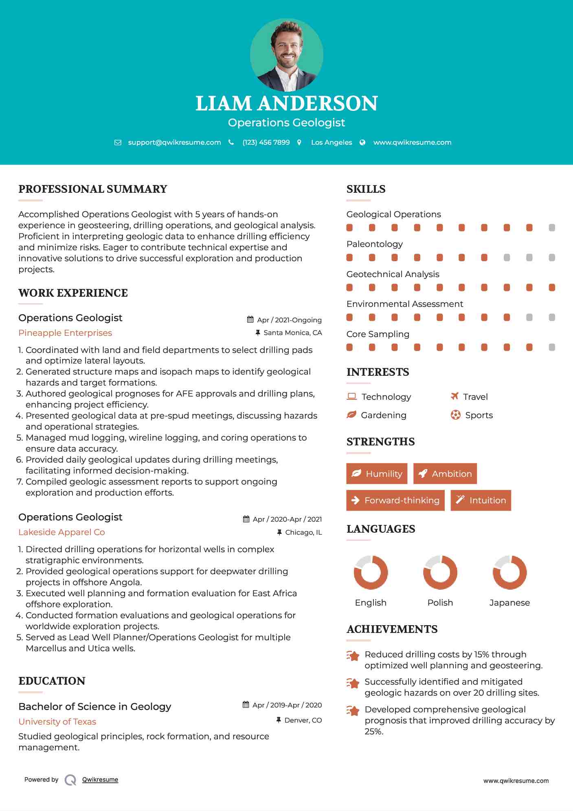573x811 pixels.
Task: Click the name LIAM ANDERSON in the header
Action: coord(286,104)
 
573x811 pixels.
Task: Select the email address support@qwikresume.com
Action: coord(174,143)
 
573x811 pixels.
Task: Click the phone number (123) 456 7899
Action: coord(266,143)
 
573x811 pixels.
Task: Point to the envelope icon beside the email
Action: coord(118,143)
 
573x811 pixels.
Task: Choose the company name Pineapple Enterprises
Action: coord(65,333)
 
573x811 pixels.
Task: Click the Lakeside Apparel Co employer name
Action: coord(61,532)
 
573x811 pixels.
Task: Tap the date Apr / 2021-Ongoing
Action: coord(289,320)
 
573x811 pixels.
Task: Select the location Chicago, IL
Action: coord(303,533)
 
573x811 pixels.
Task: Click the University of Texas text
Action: coord(57,722)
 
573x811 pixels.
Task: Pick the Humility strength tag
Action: coord(377,474)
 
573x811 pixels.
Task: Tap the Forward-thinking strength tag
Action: coord(395,500)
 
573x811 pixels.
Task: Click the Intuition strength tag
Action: coord(481,500)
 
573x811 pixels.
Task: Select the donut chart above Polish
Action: coord(440,572)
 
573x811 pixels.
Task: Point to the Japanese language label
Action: coord(509,603)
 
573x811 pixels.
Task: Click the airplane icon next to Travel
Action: coord(455,396)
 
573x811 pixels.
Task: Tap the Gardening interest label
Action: coord(384,415)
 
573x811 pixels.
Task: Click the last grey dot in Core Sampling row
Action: coord(552,347)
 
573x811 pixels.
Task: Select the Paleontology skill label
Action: coord(374,244)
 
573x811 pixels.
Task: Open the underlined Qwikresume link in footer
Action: coord(100,780)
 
